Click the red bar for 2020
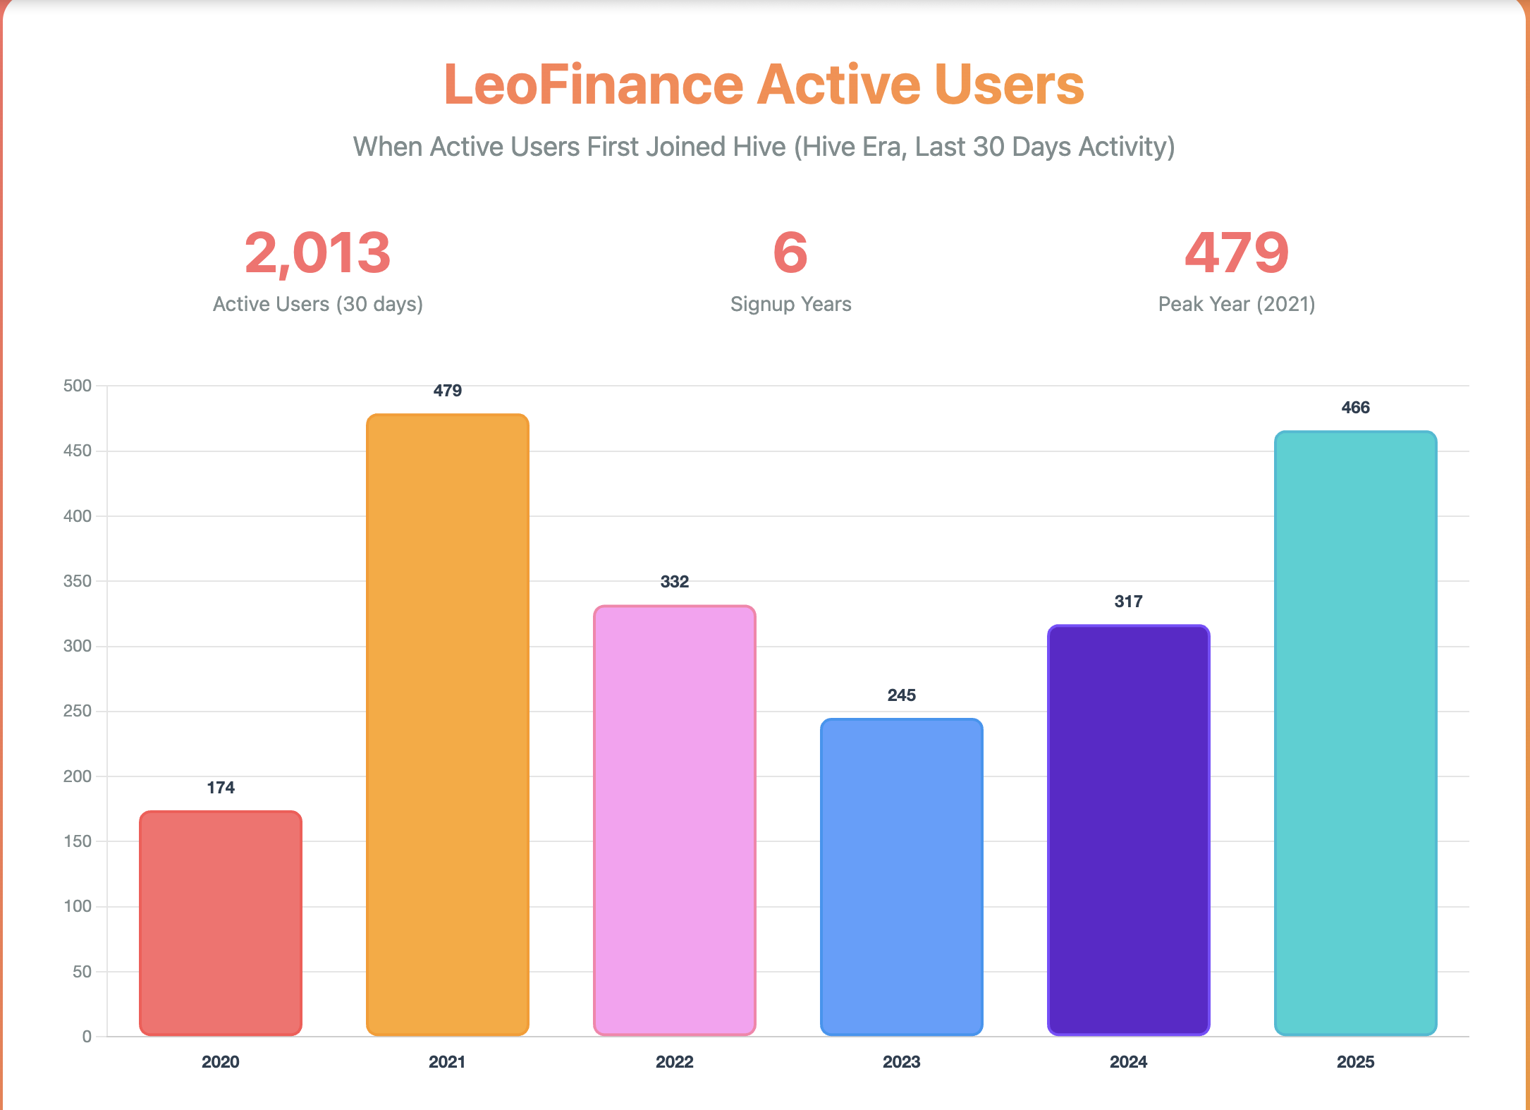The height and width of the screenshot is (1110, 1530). coord(221,923)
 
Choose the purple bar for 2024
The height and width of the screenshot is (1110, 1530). coord(1129,830)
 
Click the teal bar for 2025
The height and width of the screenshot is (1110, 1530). coord(1356,733)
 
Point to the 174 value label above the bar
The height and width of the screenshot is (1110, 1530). coord(221,788)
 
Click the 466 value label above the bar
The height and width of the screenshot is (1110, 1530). coord(1355,408)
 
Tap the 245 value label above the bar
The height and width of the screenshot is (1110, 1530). coord(901,695)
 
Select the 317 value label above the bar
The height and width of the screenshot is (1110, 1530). coord(1128,602)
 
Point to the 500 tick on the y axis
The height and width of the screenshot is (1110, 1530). coord(78,386)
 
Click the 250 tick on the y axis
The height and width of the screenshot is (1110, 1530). coord(78,711)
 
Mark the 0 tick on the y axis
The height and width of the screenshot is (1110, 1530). coord(87,1037)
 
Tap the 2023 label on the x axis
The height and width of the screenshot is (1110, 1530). coord(901,1062)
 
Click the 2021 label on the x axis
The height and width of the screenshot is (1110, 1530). coord(447,1062)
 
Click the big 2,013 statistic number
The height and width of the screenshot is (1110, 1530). coord(317,252)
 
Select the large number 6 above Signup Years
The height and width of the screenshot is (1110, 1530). coord(790,252)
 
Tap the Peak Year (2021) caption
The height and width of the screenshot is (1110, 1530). coord(1237,304)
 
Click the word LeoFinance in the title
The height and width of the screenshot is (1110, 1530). coord(594,85)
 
